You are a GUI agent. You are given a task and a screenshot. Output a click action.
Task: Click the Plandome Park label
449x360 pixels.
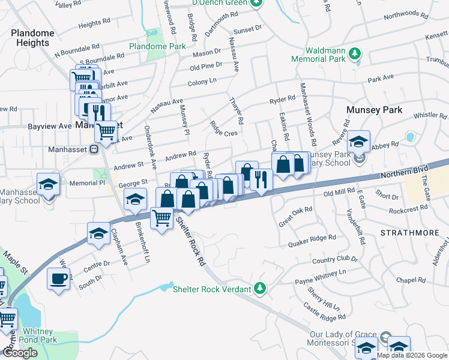click(157, 46)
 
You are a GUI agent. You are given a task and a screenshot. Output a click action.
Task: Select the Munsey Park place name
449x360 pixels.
click(373, 110)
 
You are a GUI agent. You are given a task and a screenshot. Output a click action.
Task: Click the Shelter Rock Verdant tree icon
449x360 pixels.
click(259, 289)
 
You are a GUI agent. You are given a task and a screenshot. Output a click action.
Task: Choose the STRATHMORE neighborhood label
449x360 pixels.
click(406, 231)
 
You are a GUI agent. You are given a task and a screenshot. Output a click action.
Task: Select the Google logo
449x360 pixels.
click(20, 353)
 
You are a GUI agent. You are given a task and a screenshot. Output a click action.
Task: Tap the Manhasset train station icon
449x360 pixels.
click(94, 149)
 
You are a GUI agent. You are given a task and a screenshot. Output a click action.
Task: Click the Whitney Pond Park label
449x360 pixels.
click(37, 335)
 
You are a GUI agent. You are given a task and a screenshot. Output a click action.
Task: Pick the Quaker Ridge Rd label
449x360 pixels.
click(312, 241)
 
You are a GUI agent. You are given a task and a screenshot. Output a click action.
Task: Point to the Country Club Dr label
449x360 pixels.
click(334, 260)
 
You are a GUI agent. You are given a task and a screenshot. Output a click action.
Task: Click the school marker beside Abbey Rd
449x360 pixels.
click(358, 142)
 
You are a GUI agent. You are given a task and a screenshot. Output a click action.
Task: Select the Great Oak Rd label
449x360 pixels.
click(295, 217)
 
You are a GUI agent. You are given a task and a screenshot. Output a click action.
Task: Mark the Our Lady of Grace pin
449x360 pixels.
click(387, 338)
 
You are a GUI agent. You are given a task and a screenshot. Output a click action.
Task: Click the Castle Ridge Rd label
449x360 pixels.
click(325, 311)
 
